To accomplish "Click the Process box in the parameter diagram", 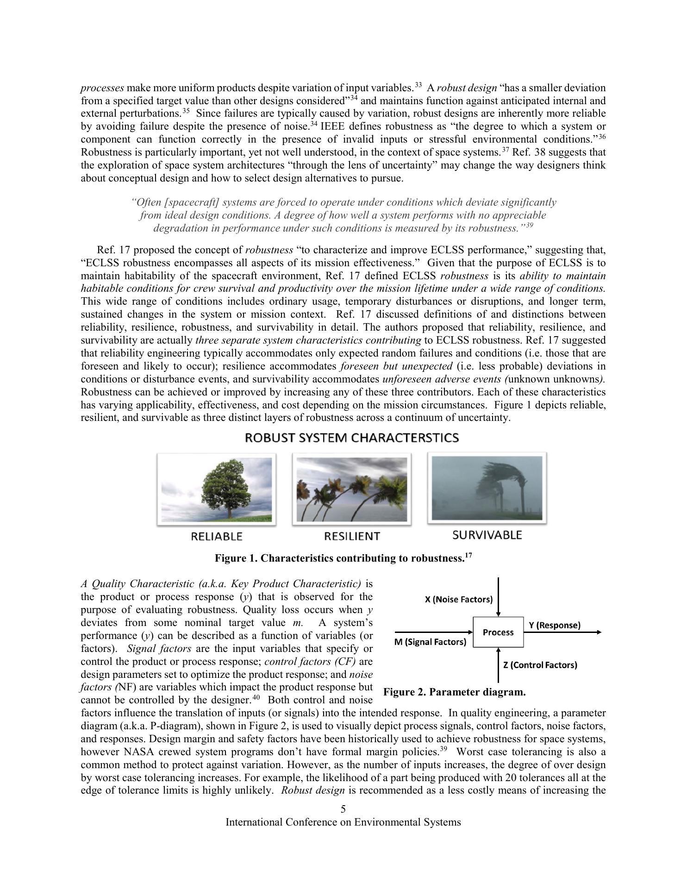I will [x=498, y=632].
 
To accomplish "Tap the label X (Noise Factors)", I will [x=458, y=600].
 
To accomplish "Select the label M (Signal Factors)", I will [x=430, y=642].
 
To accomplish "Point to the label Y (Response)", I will [x=554, y=625].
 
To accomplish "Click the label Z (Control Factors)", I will [x=540, y=665].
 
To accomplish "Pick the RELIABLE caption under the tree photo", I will [x=217, y=537].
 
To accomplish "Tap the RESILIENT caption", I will [x=352, y=536].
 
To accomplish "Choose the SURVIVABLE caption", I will [x=487, y=535].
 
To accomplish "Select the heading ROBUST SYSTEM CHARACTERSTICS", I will [x=352, y=438].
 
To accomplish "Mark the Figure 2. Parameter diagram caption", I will [x=455, y=692].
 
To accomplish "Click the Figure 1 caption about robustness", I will [x=343, y=558].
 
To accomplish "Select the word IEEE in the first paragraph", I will [x=333, y=126].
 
